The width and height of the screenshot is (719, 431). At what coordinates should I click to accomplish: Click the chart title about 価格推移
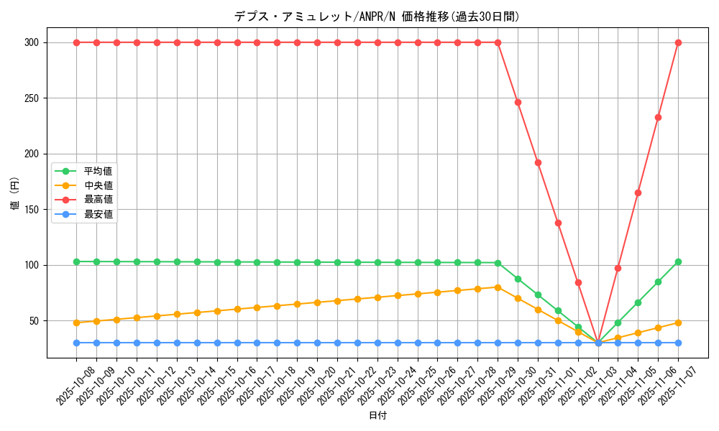376,17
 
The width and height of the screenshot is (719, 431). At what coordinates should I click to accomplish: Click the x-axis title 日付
377,416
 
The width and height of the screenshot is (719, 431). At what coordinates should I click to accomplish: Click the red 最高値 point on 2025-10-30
518,102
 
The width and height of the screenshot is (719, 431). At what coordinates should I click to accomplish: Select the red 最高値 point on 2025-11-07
678,42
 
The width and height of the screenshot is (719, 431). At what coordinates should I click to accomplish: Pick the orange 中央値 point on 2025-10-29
498,287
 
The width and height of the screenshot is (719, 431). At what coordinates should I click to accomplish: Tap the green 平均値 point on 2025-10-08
76,261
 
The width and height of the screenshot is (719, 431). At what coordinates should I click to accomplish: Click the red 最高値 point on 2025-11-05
638,193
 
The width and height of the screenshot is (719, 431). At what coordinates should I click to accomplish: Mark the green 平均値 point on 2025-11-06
658,282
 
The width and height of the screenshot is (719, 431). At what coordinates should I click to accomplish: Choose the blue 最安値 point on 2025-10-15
217,343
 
